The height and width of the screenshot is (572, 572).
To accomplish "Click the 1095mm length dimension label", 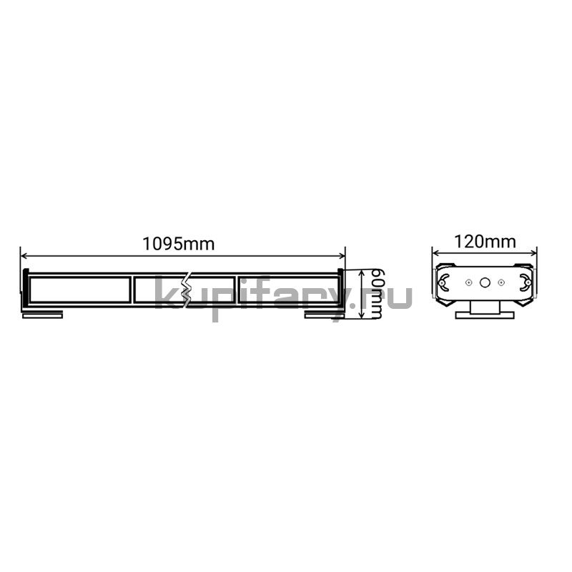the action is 178,244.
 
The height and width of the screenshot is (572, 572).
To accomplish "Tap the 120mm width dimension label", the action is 485,242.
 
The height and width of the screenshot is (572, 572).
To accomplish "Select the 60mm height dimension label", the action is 376,294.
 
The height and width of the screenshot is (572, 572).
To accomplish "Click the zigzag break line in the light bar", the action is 188,290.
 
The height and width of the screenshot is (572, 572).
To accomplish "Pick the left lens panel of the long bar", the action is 80,290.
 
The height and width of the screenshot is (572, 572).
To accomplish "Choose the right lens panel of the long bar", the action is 289,290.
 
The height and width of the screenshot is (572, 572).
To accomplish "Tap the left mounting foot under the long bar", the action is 43,315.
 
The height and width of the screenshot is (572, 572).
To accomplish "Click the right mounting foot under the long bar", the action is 325,315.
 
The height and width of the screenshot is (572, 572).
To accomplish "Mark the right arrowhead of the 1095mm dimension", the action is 342,256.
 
